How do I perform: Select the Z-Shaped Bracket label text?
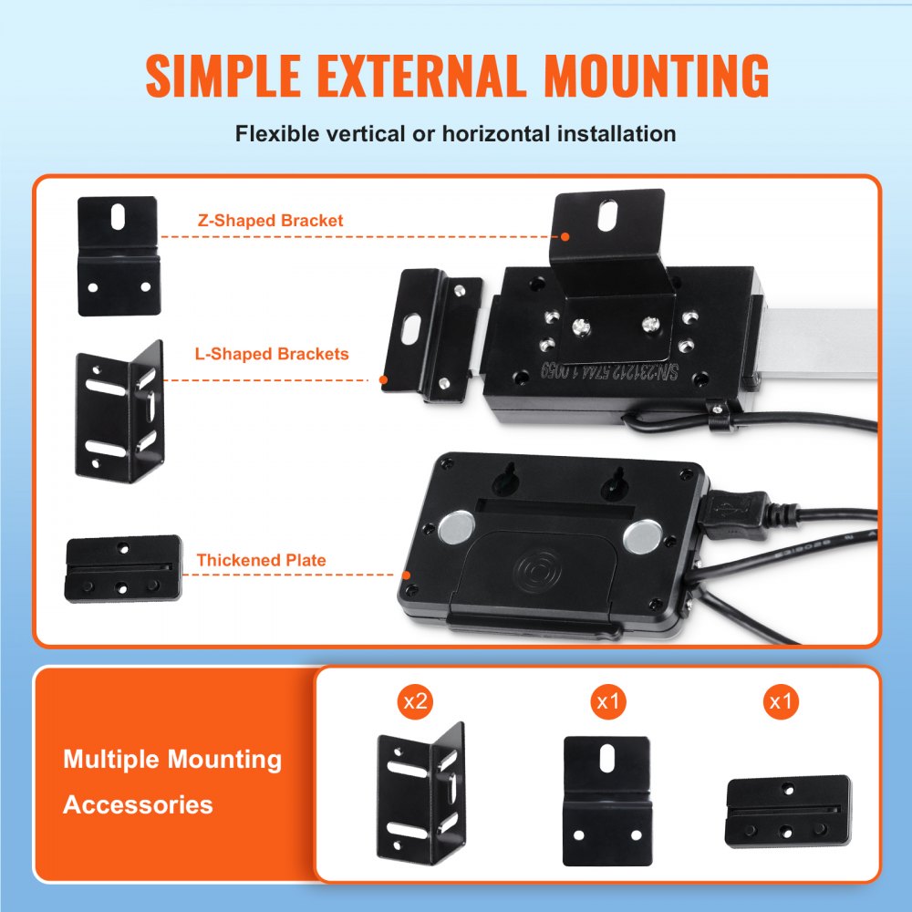270,221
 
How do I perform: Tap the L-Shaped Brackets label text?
272,353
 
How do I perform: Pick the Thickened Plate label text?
261,560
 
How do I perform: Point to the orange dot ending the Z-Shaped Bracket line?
565,236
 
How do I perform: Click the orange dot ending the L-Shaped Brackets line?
384,379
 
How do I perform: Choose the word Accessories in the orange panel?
138,804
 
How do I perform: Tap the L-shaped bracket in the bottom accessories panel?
420,792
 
